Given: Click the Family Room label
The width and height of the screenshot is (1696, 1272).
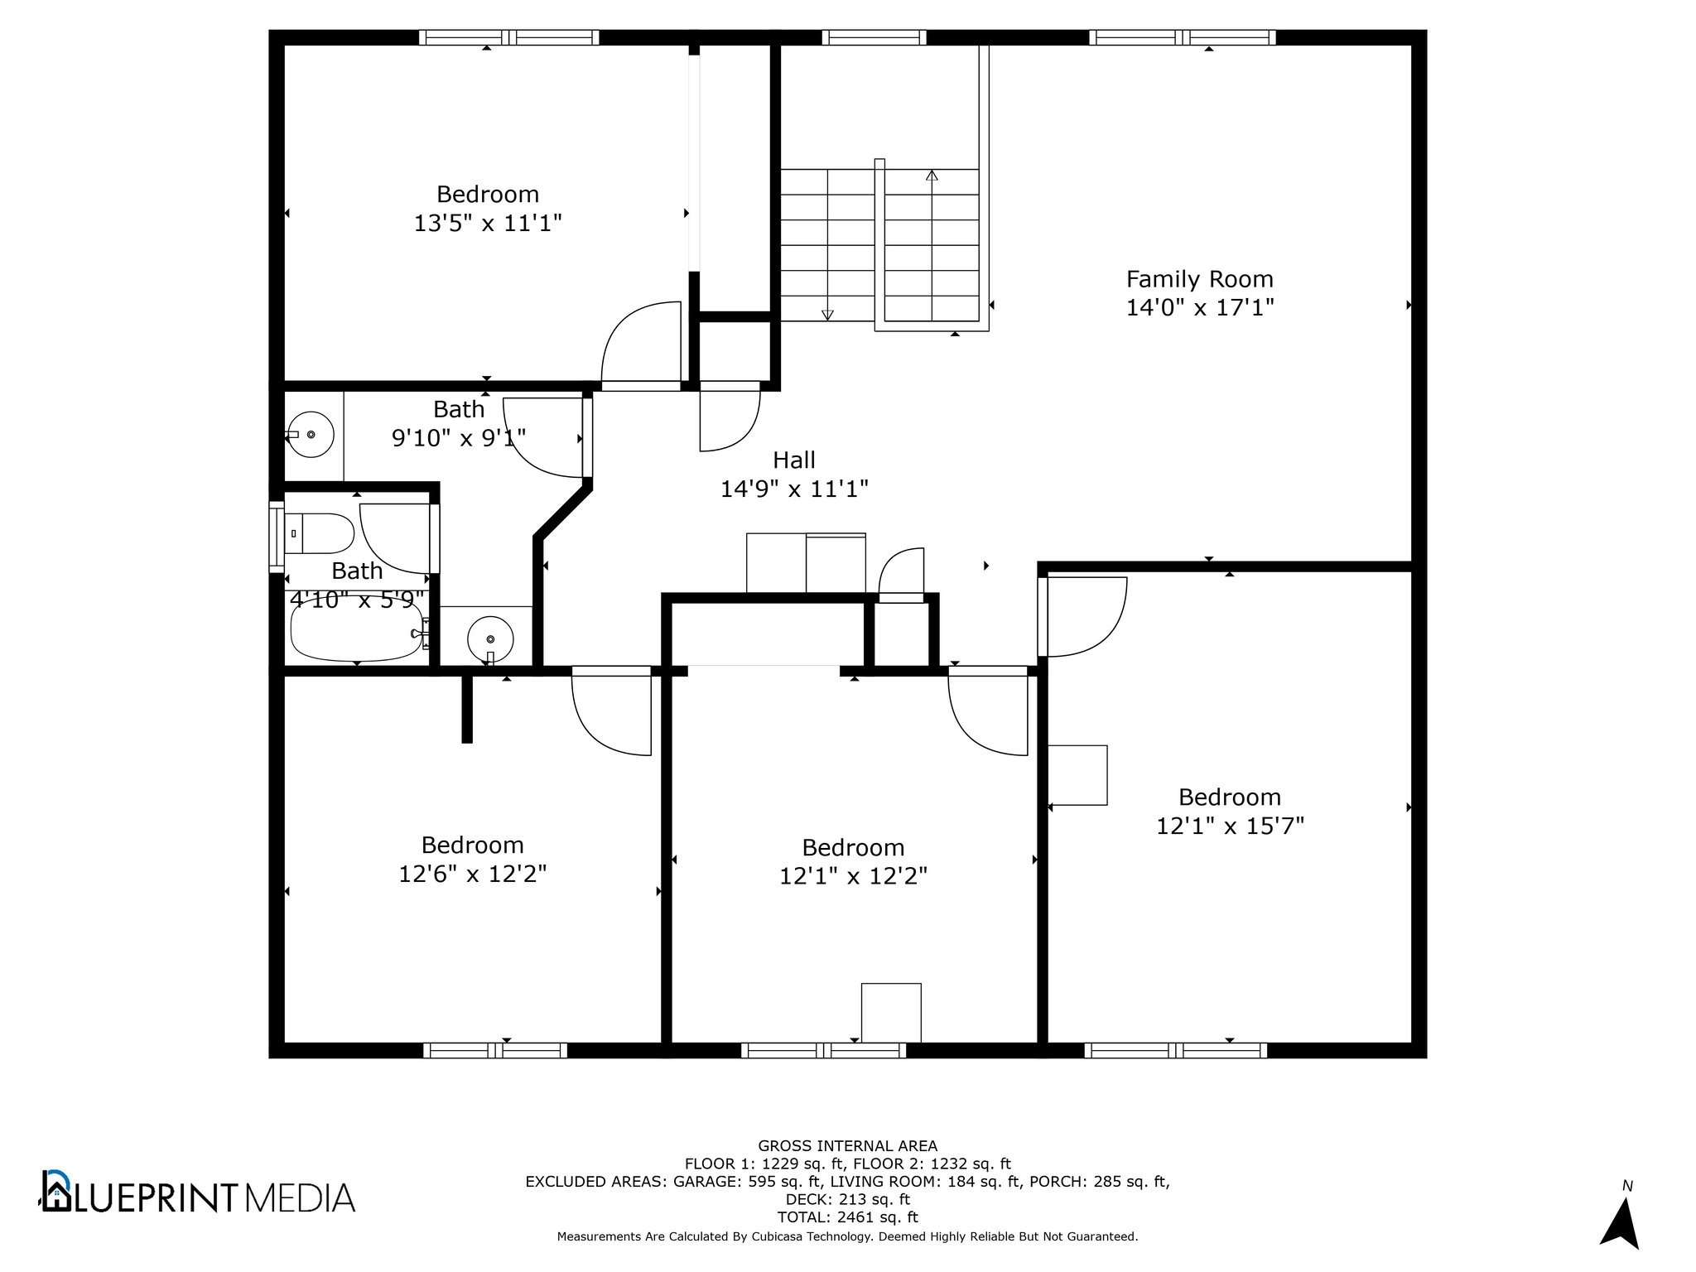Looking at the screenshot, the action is [x=1199, y=279].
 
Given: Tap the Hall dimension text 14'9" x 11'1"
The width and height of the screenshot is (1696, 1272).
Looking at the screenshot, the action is [x=794, y=489].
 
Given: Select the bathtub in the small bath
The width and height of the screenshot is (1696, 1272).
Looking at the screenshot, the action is [x=357, y=629].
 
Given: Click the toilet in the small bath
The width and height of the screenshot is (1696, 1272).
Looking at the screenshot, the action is [x=320, y=533].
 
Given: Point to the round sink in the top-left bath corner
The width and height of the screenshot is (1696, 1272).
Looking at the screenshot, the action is [x=311, y=434].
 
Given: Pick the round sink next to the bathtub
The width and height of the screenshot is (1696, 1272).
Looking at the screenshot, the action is [x=490, y=639].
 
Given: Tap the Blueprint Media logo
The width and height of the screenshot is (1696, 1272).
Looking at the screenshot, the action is [x=199, y=1192].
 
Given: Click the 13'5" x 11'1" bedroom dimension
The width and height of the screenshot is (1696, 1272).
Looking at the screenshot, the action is [x=488, y=223].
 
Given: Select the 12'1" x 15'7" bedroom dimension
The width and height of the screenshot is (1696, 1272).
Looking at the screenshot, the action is [x=1230, y=826].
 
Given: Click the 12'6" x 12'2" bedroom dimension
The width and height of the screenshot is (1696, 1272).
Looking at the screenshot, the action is [x=473, y=874].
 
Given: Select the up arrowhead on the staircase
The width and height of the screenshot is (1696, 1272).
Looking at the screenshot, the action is [x=932, y=175].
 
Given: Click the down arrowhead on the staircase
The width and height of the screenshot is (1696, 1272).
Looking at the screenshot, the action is [x=827, y=315].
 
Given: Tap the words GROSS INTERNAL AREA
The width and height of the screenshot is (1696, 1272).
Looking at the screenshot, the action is [x=848, y=1146].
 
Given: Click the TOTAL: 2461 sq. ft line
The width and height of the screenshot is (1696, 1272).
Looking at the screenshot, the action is [x=848, y=1217].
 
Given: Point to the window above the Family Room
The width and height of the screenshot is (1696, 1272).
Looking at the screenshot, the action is [x=1182, y=37].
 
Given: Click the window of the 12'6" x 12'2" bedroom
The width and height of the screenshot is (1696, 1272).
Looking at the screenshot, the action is [x=495, y=1050].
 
